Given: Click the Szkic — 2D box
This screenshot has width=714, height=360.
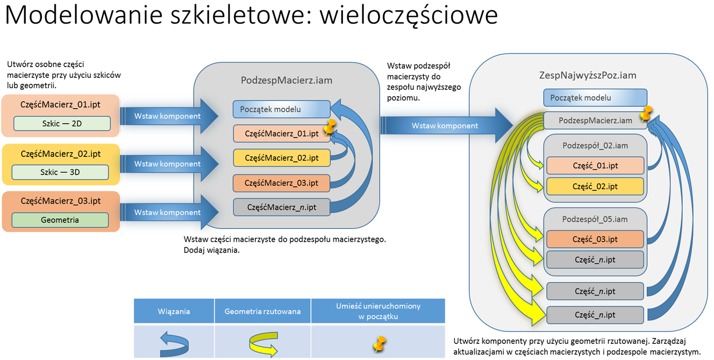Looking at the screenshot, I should (x=62, y=124).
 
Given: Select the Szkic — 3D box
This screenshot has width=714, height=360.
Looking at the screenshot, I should (x=60, y=172).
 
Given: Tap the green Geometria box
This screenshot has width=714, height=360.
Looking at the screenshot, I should (x=60, y=220).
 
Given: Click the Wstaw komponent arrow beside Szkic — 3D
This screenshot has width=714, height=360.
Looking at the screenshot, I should (x=168, y=164).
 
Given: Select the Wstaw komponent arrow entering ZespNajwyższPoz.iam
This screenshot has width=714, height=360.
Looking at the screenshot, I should (x=445, y=126).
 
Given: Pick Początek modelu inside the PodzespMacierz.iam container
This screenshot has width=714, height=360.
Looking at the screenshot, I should (x=281, y=109).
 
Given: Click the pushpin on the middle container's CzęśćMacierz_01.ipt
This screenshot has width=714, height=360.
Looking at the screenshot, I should (x=329, y=127).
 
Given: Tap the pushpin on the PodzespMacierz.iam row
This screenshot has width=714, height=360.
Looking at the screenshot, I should (x=646, y=114).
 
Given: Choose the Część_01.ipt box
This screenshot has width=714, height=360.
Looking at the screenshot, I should (x=595, y=165).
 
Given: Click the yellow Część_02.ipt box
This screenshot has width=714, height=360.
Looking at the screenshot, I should (x=595, y=186).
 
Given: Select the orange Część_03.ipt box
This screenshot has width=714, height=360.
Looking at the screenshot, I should (x=595, y=239).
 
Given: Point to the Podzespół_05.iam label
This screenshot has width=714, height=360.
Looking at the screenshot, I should (x=595, y=219).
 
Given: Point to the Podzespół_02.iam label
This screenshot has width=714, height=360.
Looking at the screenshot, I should (x=595, y=146).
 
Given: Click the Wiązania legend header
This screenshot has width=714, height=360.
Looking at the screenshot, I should (x=174, y=311).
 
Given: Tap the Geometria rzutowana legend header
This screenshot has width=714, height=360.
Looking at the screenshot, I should (x=262, y=311).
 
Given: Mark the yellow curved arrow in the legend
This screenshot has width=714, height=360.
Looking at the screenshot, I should (x=262, y=344).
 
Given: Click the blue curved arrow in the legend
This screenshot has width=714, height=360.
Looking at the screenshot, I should (x=175, y=344).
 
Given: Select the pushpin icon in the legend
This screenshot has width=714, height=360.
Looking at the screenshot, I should (x=380, y=344).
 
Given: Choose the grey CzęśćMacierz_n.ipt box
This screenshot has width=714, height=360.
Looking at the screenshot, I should (x=281, y=207).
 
